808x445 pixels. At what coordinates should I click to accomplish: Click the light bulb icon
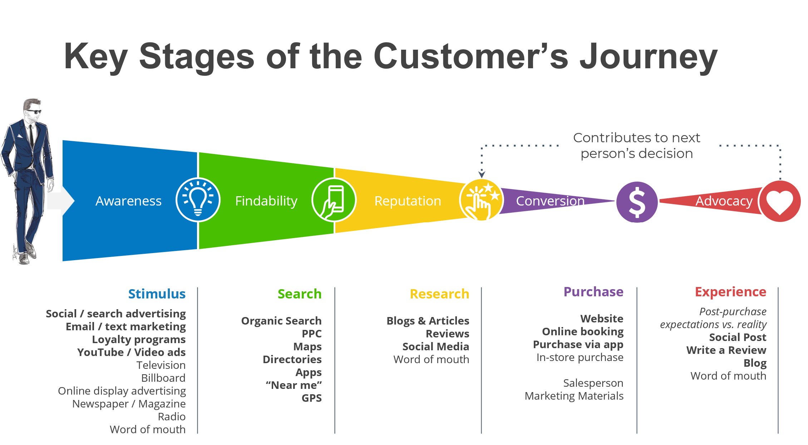pyautogui.click(x=198, y=200)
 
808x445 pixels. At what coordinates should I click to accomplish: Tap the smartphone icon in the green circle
pyautogui.click(x=334, y=201)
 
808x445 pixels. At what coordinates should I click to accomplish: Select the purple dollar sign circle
pyautogui.click(x=637, y=202)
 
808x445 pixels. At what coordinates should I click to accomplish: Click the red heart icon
pyautogui.click(x=779, y=202)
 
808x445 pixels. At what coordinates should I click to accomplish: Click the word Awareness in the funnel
pyautogui.click(x=128, y=201)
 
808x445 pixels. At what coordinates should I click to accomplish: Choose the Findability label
pyautogui.click(x=266, y=201)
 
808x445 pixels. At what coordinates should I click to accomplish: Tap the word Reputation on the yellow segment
pyautogui.click(x=407, y=201)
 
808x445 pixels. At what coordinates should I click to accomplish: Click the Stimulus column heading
pyautogui.click(x=157, y=294)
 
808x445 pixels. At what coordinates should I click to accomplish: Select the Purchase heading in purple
pyautogui.click(x=593, y=292)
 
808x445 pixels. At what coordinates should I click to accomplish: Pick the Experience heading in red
pyautogui.click(x=730, y=292)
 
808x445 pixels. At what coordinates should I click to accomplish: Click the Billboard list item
pyautogui.click(x=163, y=378)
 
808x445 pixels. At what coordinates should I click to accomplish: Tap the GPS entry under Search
pyautogui.click(x=311, y=398)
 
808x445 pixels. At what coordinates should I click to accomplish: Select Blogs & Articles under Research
pyautogui.click(x=428, y=321)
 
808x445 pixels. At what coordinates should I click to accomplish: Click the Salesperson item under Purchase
pyautogui.click(x=593, y=383)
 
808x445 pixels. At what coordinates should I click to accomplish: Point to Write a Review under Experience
pyautogui.click(x=726, y=350)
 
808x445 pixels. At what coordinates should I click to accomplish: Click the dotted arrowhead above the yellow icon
pyautogui.click(x=482, y=174)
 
